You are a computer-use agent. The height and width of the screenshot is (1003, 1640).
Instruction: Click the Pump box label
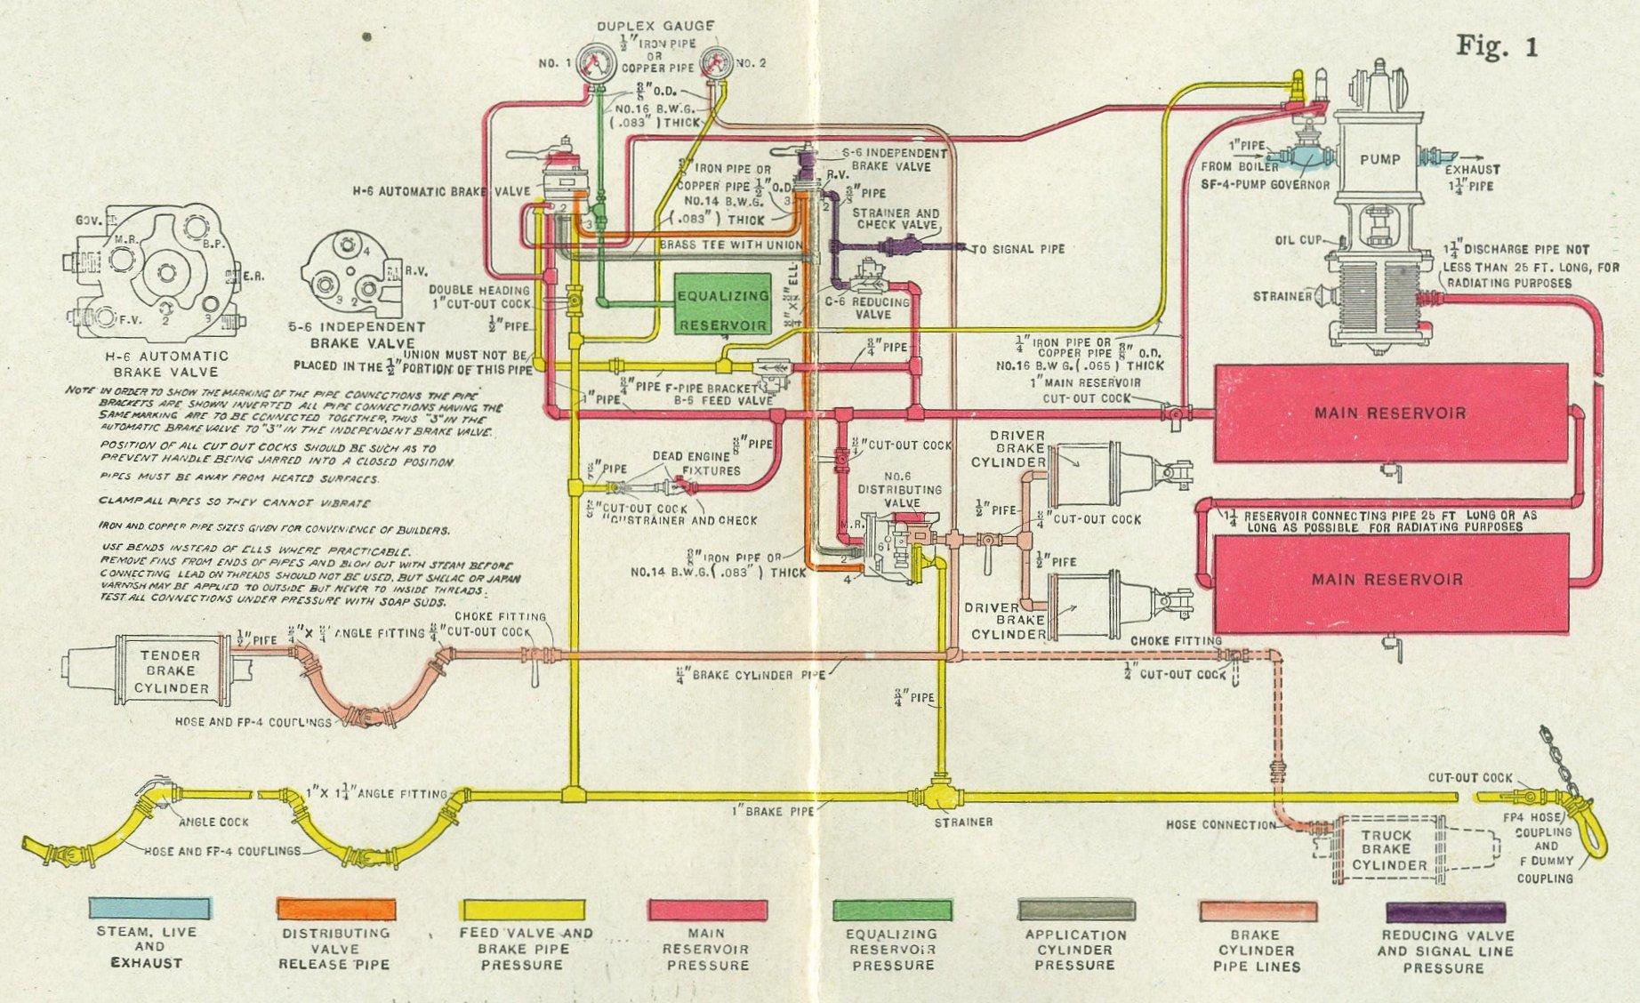(1379, 160)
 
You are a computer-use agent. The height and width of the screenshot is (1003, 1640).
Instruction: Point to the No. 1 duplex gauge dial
(597, 64)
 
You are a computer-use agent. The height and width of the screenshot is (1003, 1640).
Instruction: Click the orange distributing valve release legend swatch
(335, 910)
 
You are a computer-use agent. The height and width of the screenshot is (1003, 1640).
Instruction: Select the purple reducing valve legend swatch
(1445, 911)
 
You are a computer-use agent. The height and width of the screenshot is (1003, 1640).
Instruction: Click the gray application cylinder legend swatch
(1075, 910)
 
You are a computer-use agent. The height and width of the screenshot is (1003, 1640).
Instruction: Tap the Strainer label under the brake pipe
(964, 822)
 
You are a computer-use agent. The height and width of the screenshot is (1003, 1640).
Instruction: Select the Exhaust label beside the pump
(1471, 169)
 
